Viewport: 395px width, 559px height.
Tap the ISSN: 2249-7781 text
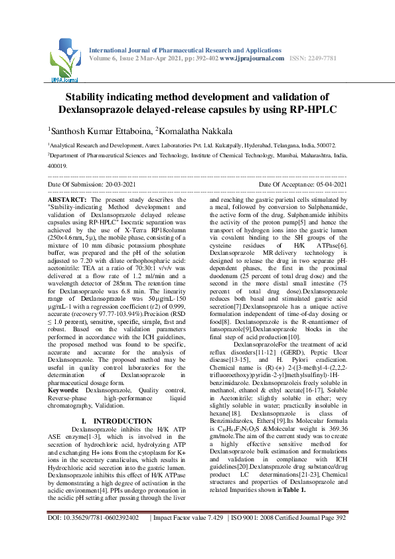[x=318, y=58]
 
